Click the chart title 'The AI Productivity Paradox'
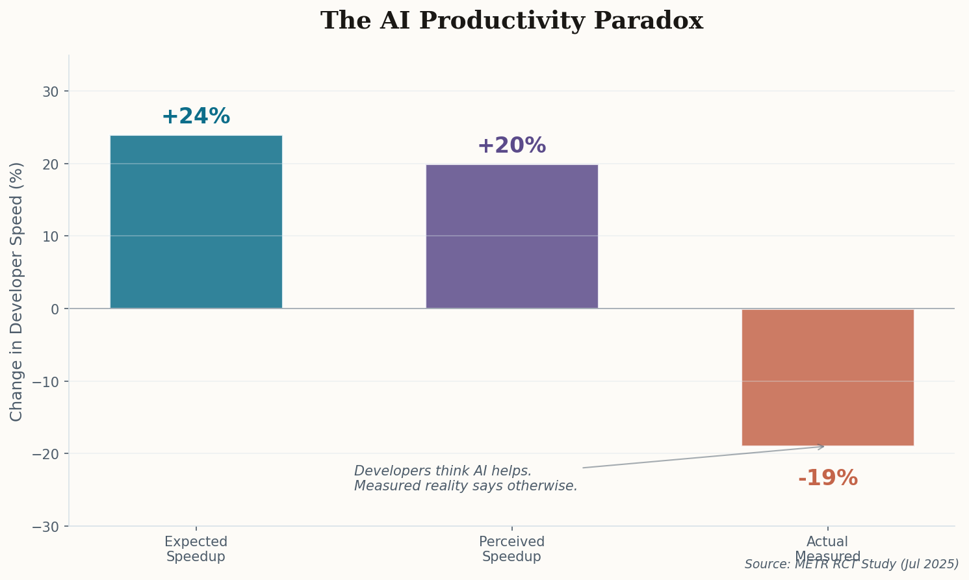511,21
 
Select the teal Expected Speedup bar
196,221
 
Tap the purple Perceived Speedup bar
511,236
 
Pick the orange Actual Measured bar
827,377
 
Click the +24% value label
196,117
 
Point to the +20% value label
511,146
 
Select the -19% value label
827,479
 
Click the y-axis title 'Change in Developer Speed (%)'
17,291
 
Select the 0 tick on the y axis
55,309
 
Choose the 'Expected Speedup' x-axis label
196,549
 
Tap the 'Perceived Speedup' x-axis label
511,549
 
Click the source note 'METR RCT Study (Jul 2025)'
851,564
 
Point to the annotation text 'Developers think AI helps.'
443,472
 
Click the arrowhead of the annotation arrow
823,446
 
